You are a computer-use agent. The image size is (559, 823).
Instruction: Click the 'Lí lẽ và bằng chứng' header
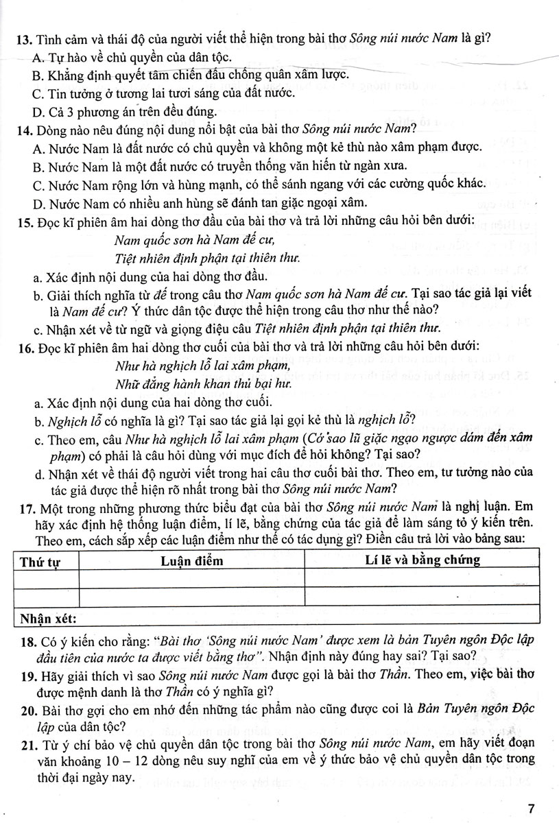pyautogui.click(x=421, y=560)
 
